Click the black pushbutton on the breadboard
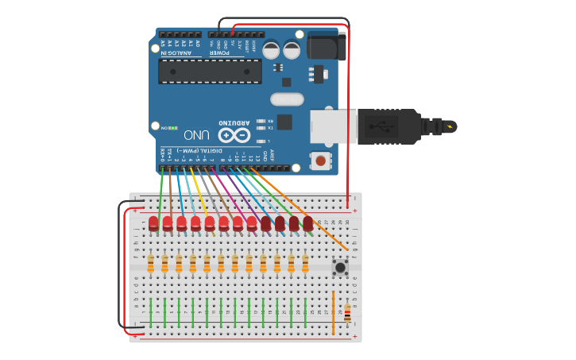point(340,267)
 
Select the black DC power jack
point(327,46)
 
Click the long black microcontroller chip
point(210,71)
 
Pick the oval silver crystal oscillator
point(287,99)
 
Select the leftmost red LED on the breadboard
point(153,223)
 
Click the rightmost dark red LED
point(307,223)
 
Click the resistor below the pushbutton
point(347,315)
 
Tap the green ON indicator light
point(174,128)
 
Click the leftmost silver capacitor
point(271,50)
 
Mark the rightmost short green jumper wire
point(305,312)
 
